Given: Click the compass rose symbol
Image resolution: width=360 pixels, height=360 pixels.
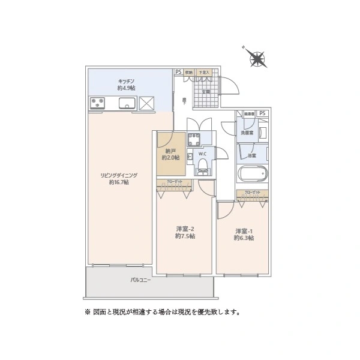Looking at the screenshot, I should [x=258, y=58].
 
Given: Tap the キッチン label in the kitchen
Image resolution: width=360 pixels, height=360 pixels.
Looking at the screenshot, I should [x=126, y=80].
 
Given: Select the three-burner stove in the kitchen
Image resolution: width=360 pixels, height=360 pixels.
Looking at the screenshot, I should [x=97, y=104].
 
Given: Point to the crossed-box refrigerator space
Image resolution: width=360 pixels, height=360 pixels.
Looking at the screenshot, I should [x=147, y=103].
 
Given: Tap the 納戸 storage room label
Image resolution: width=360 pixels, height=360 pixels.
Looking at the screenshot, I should [x=169, y=151].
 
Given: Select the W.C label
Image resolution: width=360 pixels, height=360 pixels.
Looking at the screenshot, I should [x=203, y=154].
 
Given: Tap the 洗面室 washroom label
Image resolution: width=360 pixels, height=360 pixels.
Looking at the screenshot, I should [x=248, y=132].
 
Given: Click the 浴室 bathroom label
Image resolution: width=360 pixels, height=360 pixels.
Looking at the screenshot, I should [x=251, y=155].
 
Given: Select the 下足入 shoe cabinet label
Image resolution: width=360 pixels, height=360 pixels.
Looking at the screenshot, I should [x=204, y=73].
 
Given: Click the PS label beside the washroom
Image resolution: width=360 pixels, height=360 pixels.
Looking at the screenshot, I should [x=263, y=113].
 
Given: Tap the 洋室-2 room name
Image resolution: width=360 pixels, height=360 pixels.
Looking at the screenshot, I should [x=184, y=229].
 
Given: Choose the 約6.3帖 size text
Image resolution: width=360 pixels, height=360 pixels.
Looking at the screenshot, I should [x=243, y=238].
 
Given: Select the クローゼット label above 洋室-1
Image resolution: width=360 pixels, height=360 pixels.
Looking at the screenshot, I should [x=252, y=193].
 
